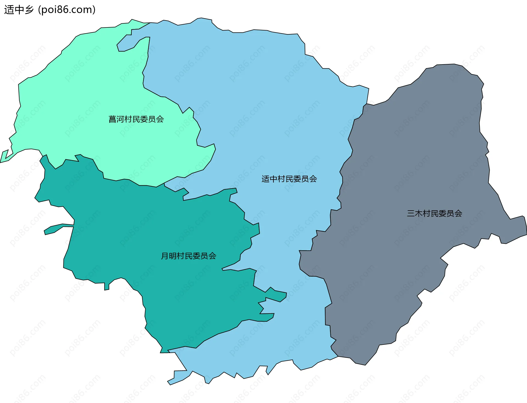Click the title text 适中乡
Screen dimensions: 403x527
pyautogui.click(x=19, y=10)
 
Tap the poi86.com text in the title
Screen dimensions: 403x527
pyautogui.click(x=67, y=10)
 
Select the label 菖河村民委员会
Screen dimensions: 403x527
pyautogui.click(x=136, y=119)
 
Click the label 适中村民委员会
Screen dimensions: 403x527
pyautogui.click(x=289, y=179)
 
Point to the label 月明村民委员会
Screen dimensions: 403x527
pyautogui.click(x=188, y=256)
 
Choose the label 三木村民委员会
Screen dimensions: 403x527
pyautogui.click(x=434, y=213)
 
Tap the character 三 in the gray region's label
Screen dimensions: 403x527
pyautogui.click(x=411, y=213)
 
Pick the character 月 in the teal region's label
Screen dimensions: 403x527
pyautogui.click(x=165, y=256)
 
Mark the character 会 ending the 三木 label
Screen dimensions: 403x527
pyautogui.click(x=458, y=213)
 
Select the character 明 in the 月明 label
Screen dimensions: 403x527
pyautogui.click(x=173, y=256)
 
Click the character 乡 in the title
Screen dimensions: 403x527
pyautogui.click(x=29, y=10)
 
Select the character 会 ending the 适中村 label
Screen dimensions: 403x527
pyautogui.click(x=313, y=179)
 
